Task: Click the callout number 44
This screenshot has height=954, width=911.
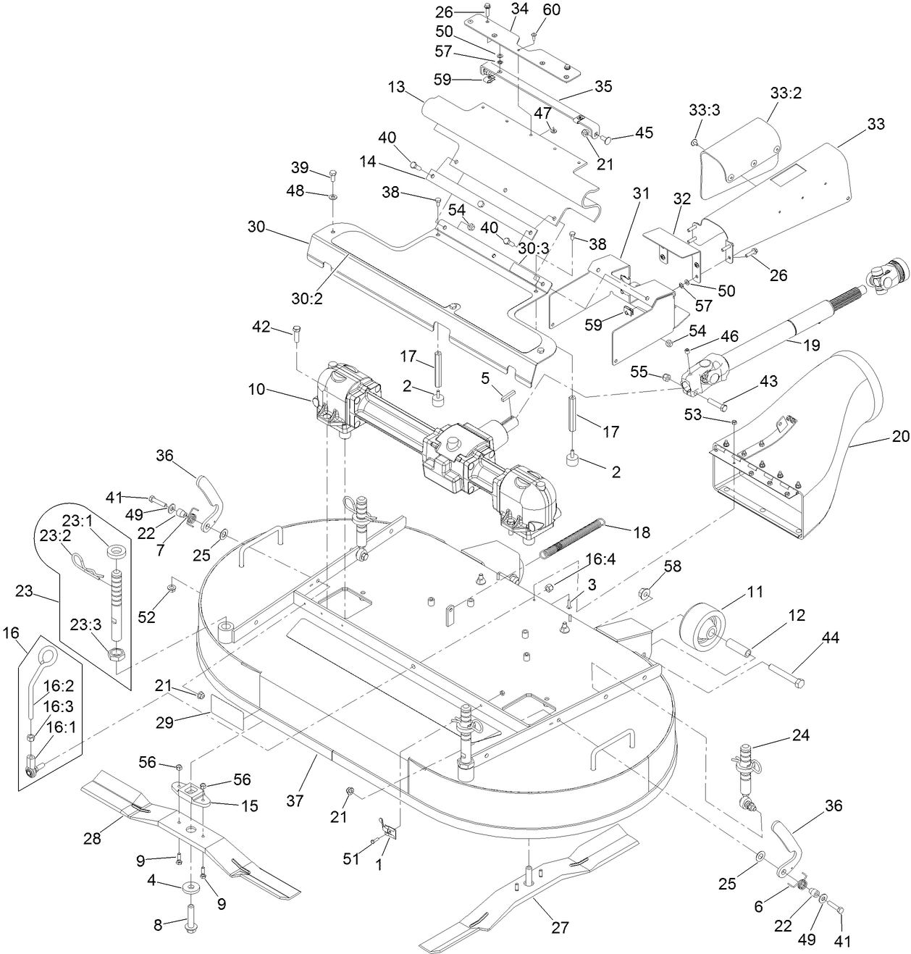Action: [830, 637]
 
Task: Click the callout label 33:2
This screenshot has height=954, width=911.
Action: [785, 94]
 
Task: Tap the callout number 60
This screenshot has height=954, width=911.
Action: [552, 10]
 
